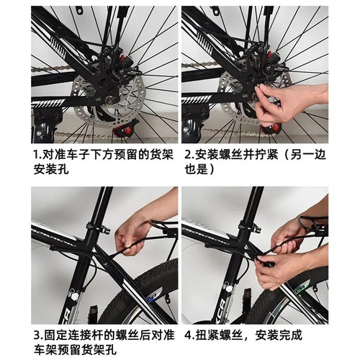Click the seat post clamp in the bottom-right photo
coord(254,228)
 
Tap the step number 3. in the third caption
coord(38,335)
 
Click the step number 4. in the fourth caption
coord(189,335)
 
